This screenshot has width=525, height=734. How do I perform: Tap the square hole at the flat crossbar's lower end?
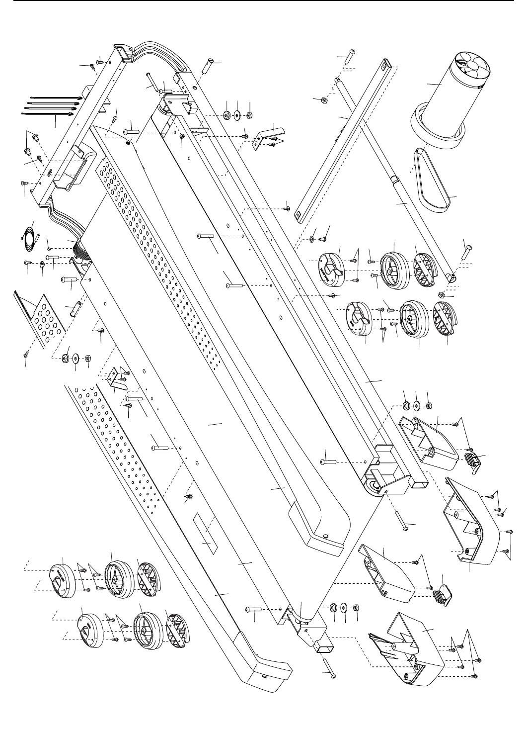pos(299,214)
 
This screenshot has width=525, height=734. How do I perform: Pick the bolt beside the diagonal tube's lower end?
pos(467,253)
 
